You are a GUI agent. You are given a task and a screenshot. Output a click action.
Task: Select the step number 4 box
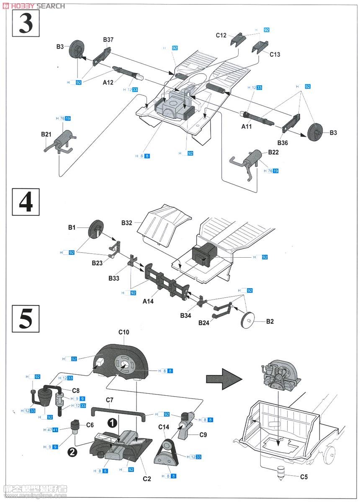(26, 202)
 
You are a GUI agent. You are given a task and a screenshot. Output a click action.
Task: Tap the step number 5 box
(26, 319)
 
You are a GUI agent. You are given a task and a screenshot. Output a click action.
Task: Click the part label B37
(108, 40)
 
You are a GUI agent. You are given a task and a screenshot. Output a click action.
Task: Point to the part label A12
(108, 82)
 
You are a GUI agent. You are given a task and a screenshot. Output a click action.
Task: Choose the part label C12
(221, 35)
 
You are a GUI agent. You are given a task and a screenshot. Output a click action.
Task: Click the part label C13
(275, 54)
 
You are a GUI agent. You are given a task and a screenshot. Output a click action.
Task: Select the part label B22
(273, 152)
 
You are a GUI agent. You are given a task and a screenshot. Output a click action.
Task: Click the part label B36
(283, 143)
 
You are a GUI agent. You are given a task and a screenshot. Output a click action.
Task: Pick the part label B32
(127, 223)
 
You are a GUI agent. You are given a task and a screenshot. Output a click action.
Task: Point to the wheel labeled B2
(249, 320)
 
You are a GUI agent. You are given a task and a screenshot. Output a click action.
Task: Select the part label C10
(124, 332)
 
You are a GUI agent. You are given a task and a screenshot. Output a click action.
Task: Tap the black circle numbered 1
(112, 423)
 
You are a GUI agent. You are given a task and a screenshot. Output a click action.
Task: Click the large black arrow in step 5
(224, 379)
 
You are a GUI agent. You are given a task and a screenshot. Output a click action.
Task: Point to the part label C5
(304, 476)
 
